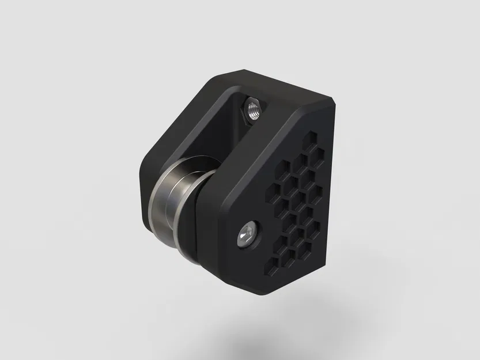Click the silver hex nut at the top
point(252,109)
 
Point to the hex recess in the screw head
point(247,236)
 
